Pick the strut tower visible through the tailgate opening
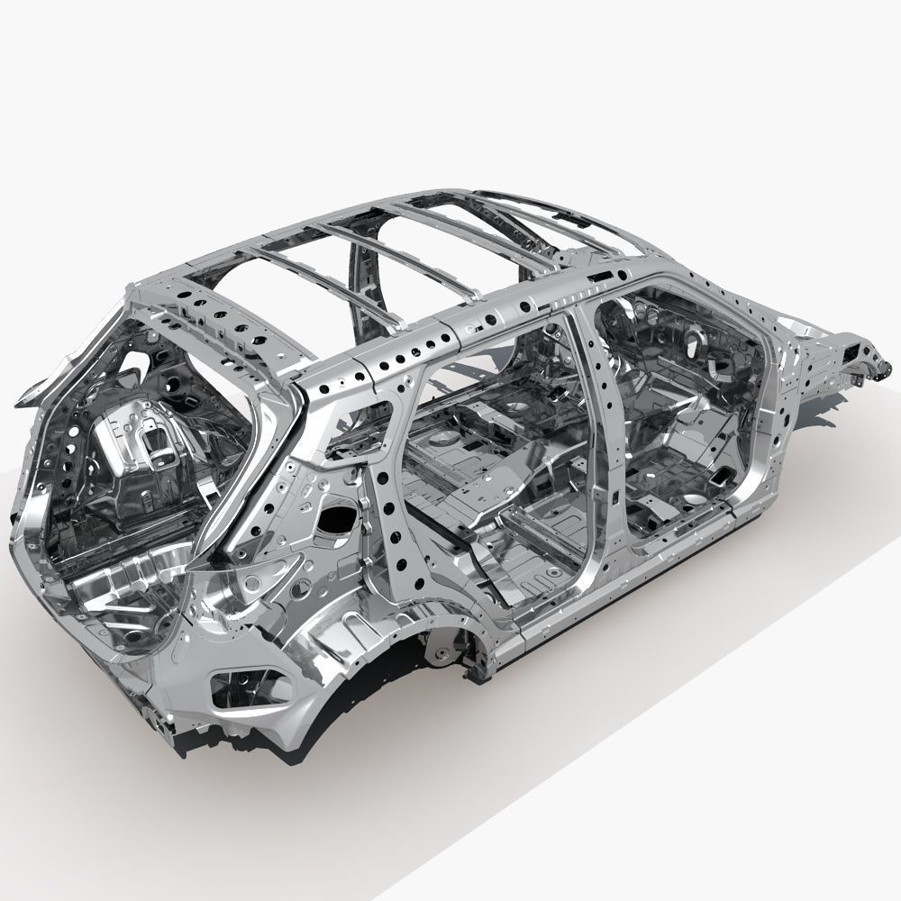(149, 441)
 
